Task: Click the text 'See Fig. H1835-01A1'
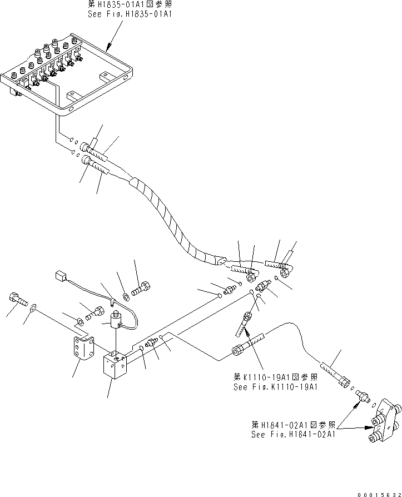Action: point(130,14)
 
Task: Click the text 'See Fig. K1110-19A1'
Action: point(275,387)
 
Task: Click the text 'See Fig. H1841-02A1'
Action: point(293,434)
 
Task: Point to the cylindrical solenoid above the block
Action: point(116,320)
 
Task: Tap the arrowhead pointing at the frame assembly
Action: point(109,48)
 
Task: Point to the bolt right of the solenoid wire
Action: point(140,290)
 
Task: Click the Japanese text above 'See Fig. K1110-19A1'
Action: point(275,377)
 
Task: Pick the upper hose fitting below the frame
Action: point(86,148)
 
